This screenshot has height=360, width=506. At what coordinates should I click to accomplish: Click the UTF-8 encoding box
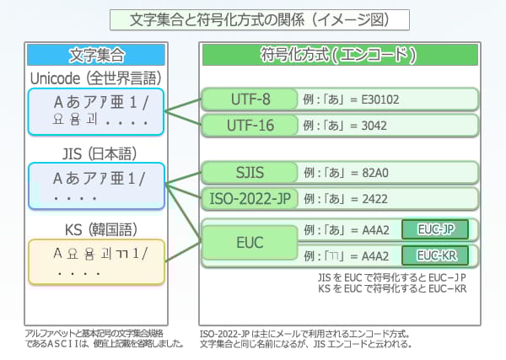point(250,99)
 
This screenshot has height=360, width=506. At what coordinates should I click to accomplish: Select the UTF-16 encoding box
point(250,126)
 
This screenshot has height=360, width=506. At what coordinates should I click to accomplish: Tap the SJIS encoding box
point(250,173)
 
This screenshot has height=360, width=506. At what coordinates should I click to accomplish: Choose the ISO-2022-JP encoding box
point(250,200)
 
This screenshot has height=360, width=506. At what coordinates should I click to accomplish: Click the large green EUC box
point(250,243)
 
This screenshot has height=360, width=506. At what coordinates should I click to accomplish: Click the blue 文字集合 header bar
point(95,56)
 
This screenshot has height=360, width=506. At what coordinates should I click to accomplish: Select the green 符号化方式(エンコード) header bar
point(340,56)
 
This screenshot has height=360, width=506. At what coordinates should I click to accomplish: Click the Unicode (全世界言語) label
point(95,78)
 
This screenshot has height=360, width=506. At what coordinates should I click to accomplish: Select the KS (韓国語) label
point(95,228)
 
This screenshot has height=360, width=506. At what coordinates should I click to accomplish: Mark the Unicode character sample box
point(95,110)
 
